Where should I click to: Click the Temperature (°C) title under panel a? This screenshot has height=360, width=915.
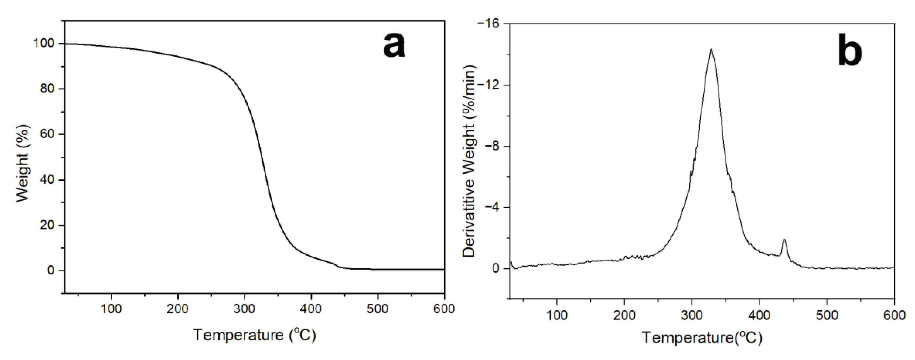click(x=254, y=335)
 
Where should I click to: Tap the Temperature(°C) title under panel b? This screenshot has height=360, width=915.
click(x=702, y=338)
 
